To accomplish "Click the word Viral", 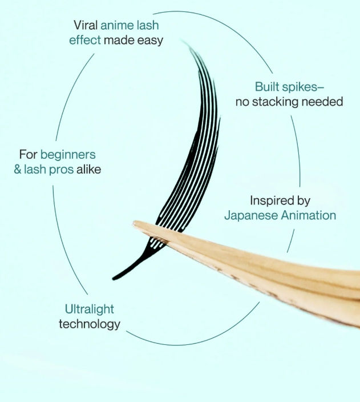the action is (86, 25).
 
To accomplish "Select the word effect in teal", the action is (85, 40).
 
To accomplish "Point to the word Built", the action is (267, 87).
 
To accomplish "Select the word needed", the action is (322, 102).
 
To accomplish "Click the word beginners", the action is (68, 155).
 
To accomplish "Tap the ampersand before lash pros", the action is (18, 170).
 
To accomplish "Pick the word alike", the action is (88, 169).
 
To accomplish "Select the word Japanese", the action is (251, 215).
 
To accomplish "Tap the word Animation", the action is (309, 215).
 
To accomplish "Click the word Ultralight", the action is (90, 309).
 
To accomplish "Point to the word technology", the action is (90, 324).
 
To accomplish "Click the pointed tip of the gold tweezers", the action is (134, 223).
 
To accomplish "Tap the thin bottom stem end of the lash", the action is (114, 278).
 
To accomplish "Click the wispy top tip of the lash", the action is (183, 41).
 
